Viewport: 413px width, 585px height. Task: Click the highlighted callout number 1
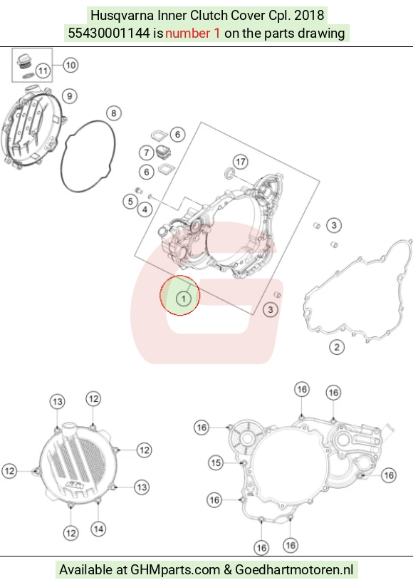tap(183, 299)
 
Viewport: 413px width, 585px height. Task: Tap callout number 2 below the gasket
tap(337, 347)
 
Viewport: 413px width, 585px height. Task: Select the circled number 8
tap(114, 113)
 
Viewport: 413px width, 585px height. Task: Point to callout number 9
tap(69, 96)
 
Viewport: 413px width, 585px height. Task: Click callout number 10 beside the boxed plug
tap(70, 66)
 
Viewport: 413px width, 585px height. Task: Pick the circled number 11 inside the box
tap(43, 71)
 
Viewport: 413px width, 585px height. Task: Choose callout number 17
tap(241, 162)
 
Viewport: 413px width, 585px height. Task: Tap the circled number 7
tap(147, 152)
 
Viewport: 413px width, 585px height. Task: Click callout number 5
tap(130, 202)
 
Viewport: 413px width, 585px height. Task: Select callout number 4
tap(145, 209)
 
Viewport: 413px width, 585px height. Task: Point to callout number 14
tap(98, 529)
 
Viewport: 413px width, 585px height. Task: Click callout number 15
tap(216, 463)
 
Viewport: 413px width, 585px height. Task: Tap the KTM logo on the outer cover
tap(74, 486)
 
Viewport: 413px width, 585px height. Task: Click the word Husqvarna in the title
tap(122, 16)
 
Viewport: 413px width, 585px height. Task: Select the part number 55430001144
tap(108, 33)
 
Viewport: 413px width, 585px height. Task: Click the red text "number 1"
tap(193, 33)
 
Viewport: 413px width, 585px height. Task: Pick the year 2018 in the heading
tap(308, 16)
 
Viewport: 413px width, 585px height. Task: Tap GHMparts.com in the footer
tap(175, 570)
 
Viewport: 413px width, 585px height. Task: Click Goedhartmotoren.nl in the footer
tap(295, 570)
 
